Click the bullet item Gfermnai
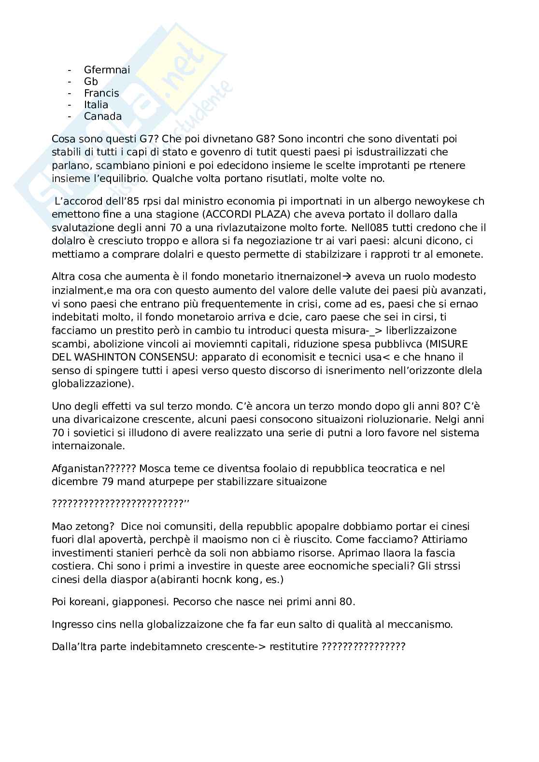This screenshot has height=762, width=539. tap(107, 70)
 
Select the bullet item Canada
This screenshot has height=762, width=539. tap(102, 116)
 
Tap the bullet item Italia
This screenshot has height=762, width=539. tap(96, 105)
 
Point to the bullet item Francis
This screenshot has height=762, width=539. tap(101, 93)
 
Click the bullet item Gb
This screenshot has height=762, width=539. tap(91, 82)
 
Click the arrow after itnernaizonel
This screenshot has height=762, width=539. tap(345, 277)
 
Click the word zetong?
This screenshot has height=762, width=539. tap(96, 526)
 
